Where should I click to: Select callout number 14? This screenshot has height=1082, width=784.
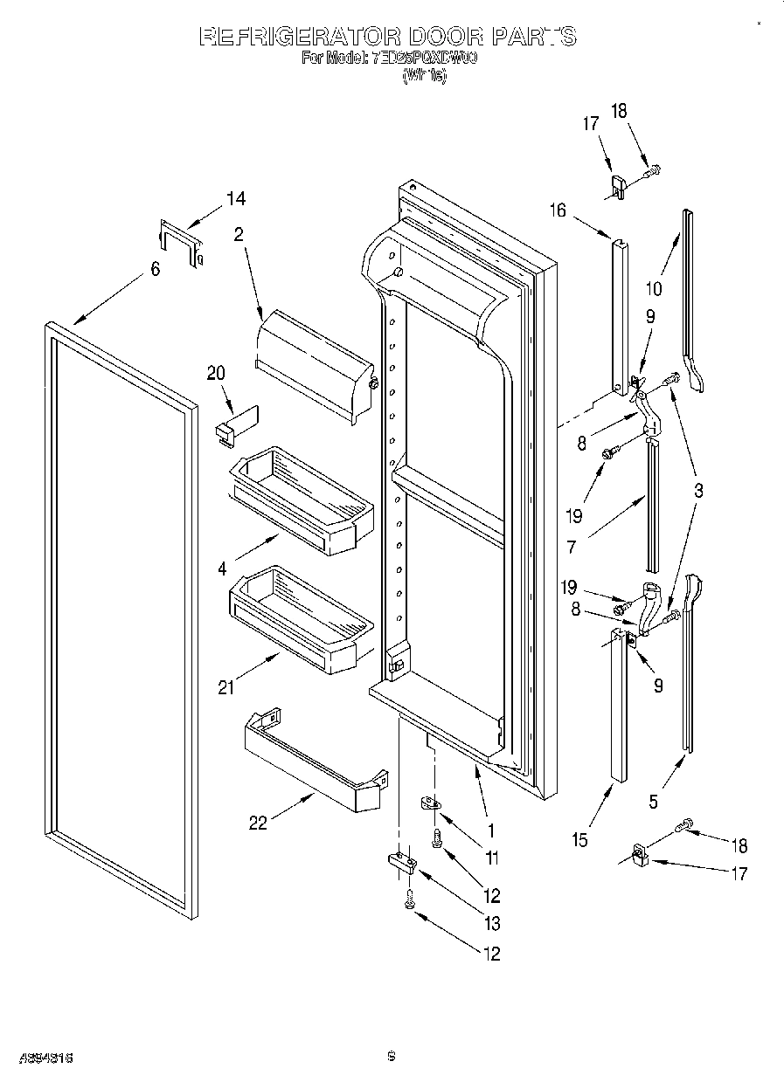point(234,199)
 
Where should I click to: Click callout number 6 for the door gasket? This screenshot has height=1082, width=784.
point(155,270)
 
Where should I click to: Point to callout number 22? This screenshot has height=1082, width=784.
point(258,823)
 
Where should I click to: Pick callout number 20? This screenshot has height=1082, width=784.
point(216,373)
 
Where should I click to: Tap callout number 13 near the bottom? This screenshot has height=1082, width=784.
point(492,923)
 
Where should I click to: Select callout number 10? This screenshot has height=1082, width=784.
point(654,289)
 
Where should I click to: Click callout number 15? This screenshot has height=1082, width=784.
point(579,840)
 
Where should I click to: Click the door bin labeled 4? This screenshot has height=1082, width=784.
point(302,499)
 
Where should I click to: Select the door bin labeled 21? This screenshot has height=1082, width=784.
point(302,617)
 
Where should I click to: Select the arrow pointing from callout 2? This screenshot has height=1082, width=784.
point(252,280)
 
